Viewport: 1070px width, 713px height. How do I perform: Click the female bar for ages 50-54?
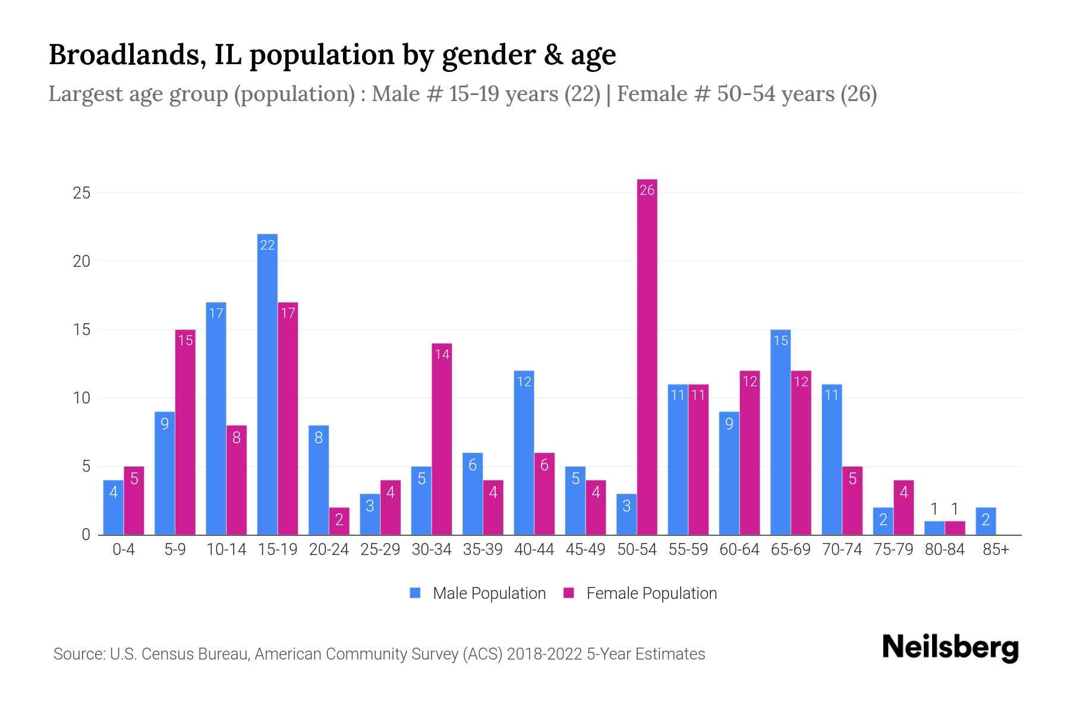pyautogui.click(x=647, y=356)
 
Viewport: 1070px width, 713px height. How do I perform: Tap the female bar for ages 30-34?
pyautogui.click(x=442, y=439)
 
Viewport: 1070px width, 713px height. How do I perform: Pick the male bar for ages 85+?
pyautogui.click(x=985, y=521)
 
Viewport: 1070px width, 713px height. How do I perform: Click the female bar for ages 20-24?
pyautogui.click(x=339, y=521)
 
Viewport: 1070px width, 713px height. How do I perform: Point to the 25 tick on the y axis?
pyautogui.click(x=81, y=193)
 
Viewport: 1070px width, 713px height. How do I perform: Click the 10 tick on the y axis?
pyautogui.click(x=81, y=398)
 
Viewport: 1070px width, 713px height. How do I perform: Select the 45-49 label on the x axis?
pyautogui.click(x=585, y=550)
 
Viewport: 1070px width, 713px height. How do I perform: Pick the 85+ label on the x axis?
pyautogui.click(x=996, y=550)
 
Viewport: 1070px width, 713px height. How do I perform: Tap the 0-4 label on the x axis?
pyautogui.click(x=124, y=550)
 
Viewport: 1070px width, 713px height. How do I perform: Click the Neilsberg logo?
pyautogui.click(x=950, y=647)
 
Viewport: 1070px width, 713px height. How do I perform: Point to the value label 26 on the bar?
pyautogui.click(x=647, y=190)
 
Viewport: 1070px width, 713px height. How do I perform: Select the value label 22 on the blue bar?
pyautogui.click(x=267, y=245)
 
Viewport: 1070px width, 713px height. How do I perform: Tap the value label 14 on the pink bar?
pyautogui.click(x=442, y=355)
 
